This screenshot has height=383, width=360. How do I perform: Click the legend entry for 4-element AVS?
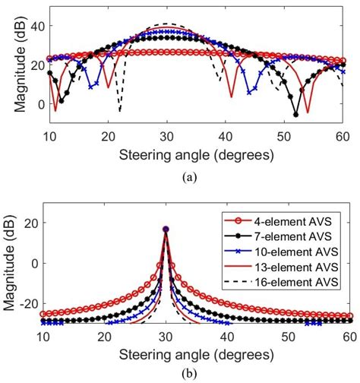coord(292,220)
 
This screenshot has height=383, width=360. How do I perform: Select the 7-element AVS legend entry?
coord(292,236)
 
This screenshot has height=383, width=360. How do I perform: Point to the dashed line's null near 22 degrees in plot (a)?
coord(119,112)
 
